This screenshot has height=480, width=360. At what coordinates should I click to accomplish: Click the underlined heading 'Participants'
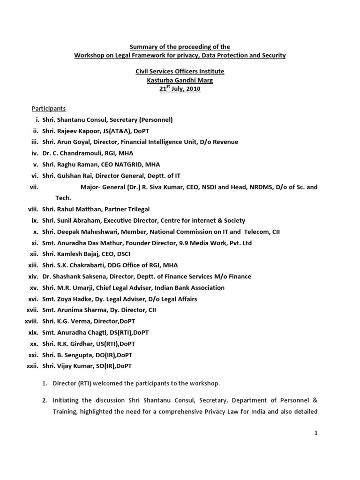click(x=48, y=109)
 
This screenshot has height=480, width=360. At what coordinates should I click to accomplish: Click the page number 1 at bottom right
click(x=316, y=433)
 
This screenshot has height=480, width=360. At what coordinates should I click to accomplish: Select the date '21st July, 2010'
click(x=180, y=89)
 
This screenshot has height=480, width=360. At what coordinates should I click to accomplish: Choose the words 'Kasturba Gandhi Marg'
click(x=180, y=80)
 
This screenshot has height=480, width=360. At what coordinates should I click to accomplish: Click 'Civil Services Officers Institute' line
click(x=180, y=71)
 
